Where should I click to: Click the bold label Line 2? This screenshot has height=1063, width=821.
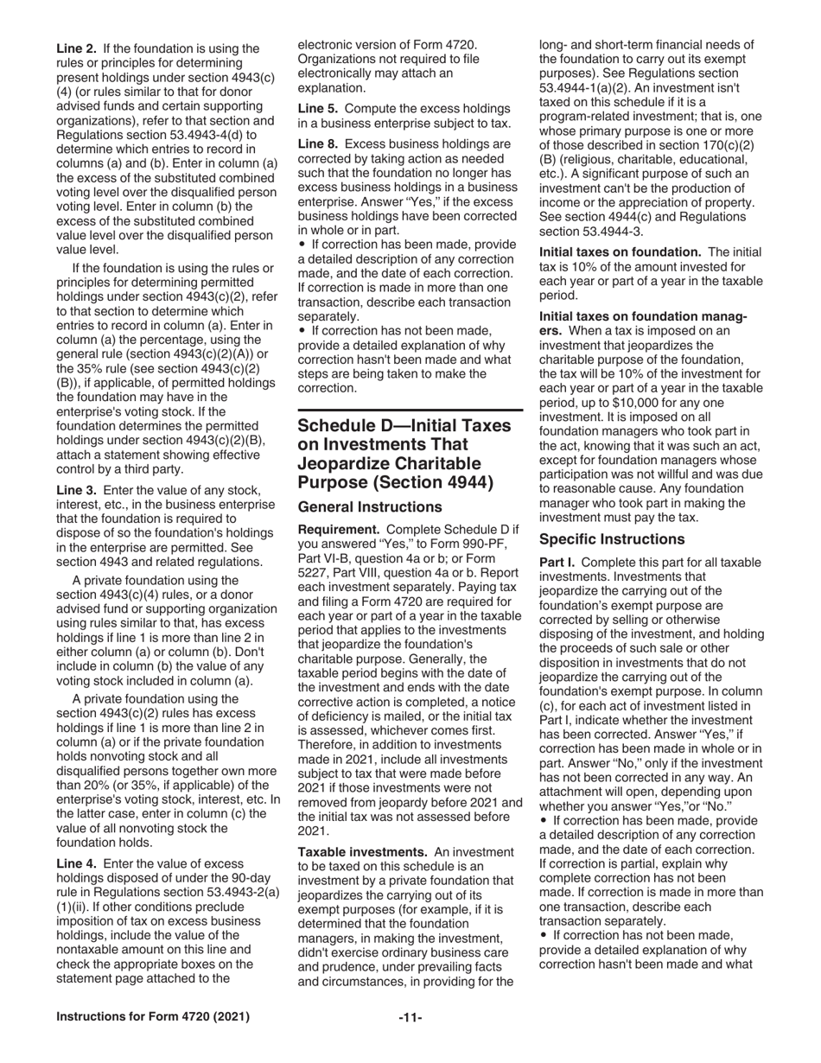point(75,48)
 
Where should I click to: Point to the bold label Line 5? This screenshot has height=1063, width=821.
point(316,108)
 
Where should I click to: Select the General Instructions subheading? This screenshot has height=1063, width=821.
point(363,506)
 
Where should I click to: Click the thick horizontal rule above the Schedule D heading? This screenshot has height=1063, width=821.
point(410,410)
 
